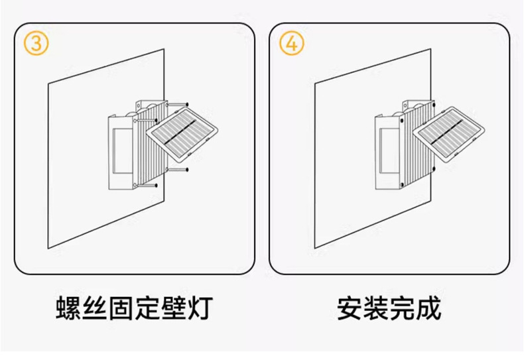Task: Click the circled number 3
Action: point(36,43)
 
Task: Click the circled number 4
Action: point(292,43)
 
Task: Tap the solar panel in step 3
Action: point(180,135)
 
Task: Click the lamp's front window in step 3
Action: point(120,151)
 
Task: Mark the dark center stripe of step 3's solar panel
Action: point(180,133)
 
